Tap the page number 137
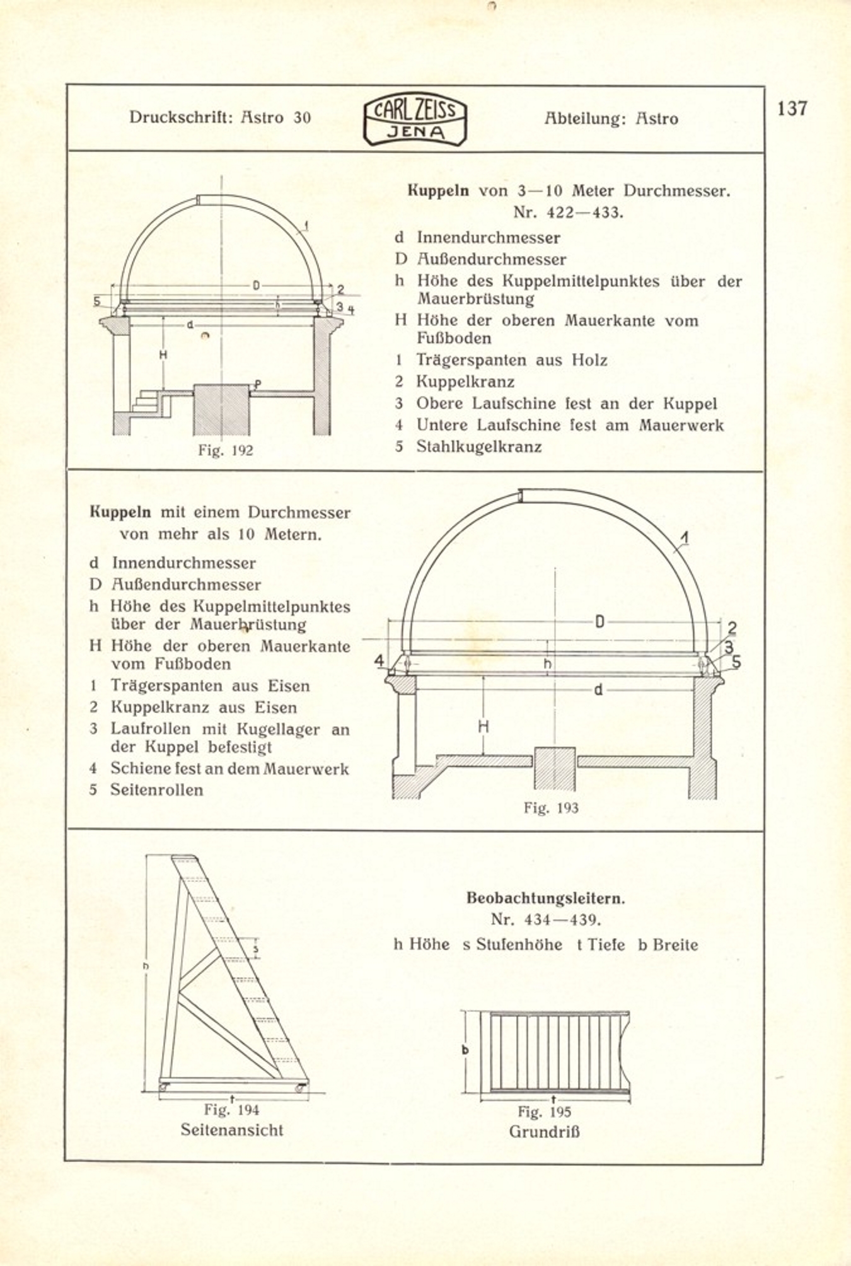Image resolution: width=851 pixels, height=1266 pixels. (x=792, y=108)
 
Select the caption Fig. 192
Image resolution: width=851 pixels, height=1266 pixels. (x=225, y=450)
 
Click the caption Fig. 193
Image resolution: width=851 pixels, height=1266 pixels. (x=550, y=808)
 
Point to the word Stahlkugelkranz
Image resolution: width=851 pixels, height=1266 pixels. (x=478, y=447)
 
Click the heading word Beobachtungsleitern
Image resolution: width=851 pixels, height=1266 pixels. (x=545, y=898)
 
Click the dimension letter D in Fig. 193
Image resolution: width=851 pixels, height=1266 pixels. (x=599, y=622)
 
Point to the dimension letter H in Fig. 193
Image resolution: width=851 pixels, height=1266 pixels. (x=483, y=727)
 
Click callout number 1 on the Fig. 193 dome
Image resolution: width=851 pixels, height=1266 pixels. (x=685, y=538)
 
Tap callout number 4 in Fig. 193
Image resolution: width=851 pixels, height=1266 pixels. (x=379, y=660)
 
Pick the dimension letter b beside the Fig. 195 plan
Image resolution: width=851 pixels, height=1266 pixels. (x=465, y=1050)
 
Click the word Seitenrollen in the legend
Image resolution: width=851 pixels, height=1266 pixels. (x=156, y=790)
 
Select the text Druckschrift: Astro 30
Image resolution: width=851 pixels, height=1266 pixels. (x=220, y=117)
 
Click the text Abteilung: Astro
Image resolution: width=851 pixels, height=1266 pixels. (x=611, y=119)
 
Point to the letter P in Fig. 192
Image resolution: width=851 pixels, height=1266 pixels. (x=258, y=383)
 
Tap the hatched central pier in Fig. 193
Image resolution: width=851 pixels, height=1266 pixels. (x=555, y=769)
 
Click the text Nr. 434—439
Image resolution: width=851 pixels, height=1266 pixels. (x=545, y=919)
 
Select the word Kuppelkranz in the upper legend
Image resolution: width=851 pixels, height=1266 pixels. (x=465, y=382)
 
